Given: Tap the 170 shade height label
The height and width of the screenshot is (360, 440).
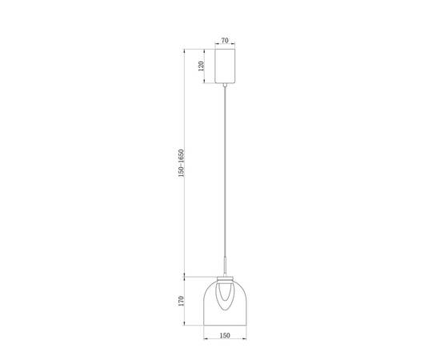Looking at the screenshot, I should [x=182, y=301].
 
